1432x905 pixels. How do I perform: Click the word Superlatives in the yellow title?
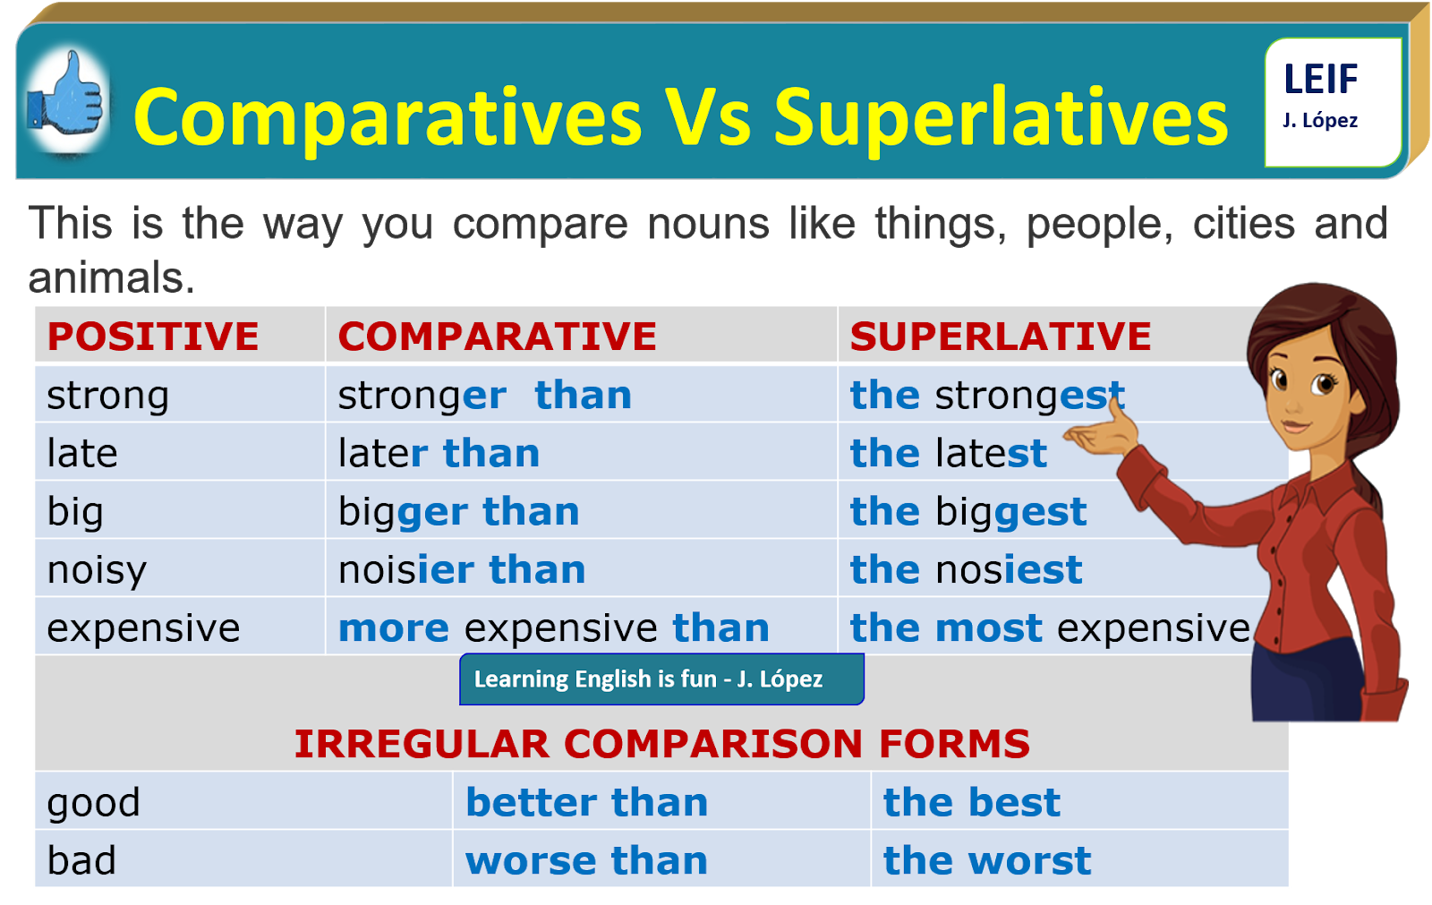[1001, 117]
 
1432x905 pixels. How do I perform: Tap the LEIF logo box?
[1331, 100]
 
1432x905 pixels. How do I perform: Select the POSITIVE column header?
[153, 337]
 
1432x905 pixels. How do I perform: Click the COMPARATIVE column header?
[497, 337]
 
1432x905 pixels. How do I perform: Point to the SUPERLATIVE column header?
[1000, 337]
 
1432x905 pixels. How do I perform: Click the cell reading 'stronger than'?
[484, 396]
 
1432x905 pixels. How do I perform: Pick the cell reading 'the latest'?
[948, 454]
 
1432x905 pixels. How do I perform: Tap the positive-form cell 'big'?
[76, 512]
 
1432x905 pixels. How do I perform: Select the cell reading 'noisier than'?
[462, 570]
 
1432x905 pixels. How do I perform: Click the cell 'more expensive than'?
[553, 628]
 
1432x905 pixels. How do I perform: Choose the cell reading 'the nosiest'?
[966, 570]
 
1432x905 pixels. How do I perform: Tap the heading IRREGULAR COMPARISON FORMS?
[661, 744]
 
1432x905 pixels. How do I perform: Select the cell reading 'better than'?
[586, 803]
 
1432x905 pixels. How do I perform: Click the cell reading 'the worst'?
[986, 861]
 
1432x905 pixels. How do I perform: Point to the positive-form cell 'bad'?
[81, 861]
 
